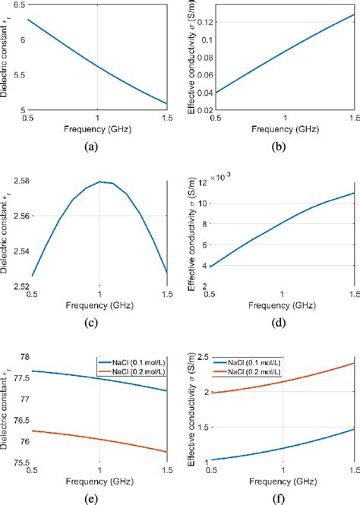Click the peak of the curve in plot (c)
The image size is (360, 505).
99,181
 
